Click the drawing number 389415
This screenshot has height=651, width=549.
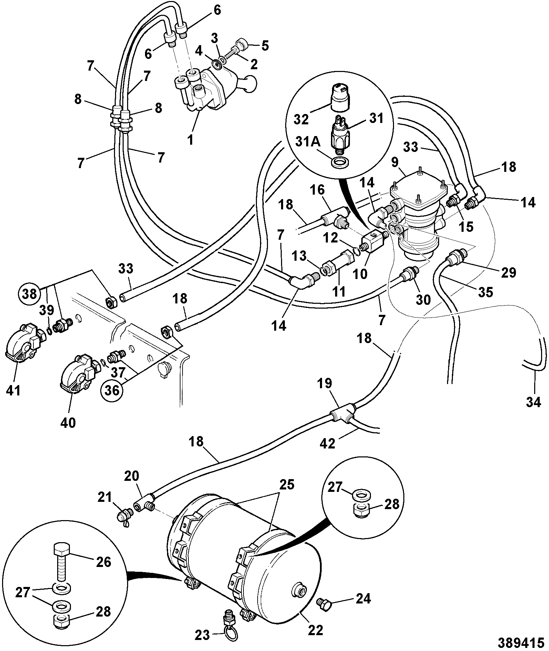coord(521,642)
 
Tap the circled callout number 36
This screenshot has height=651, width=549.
coord(112,390)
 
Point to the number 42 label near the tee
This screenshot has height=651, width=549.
coord(327,443)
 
